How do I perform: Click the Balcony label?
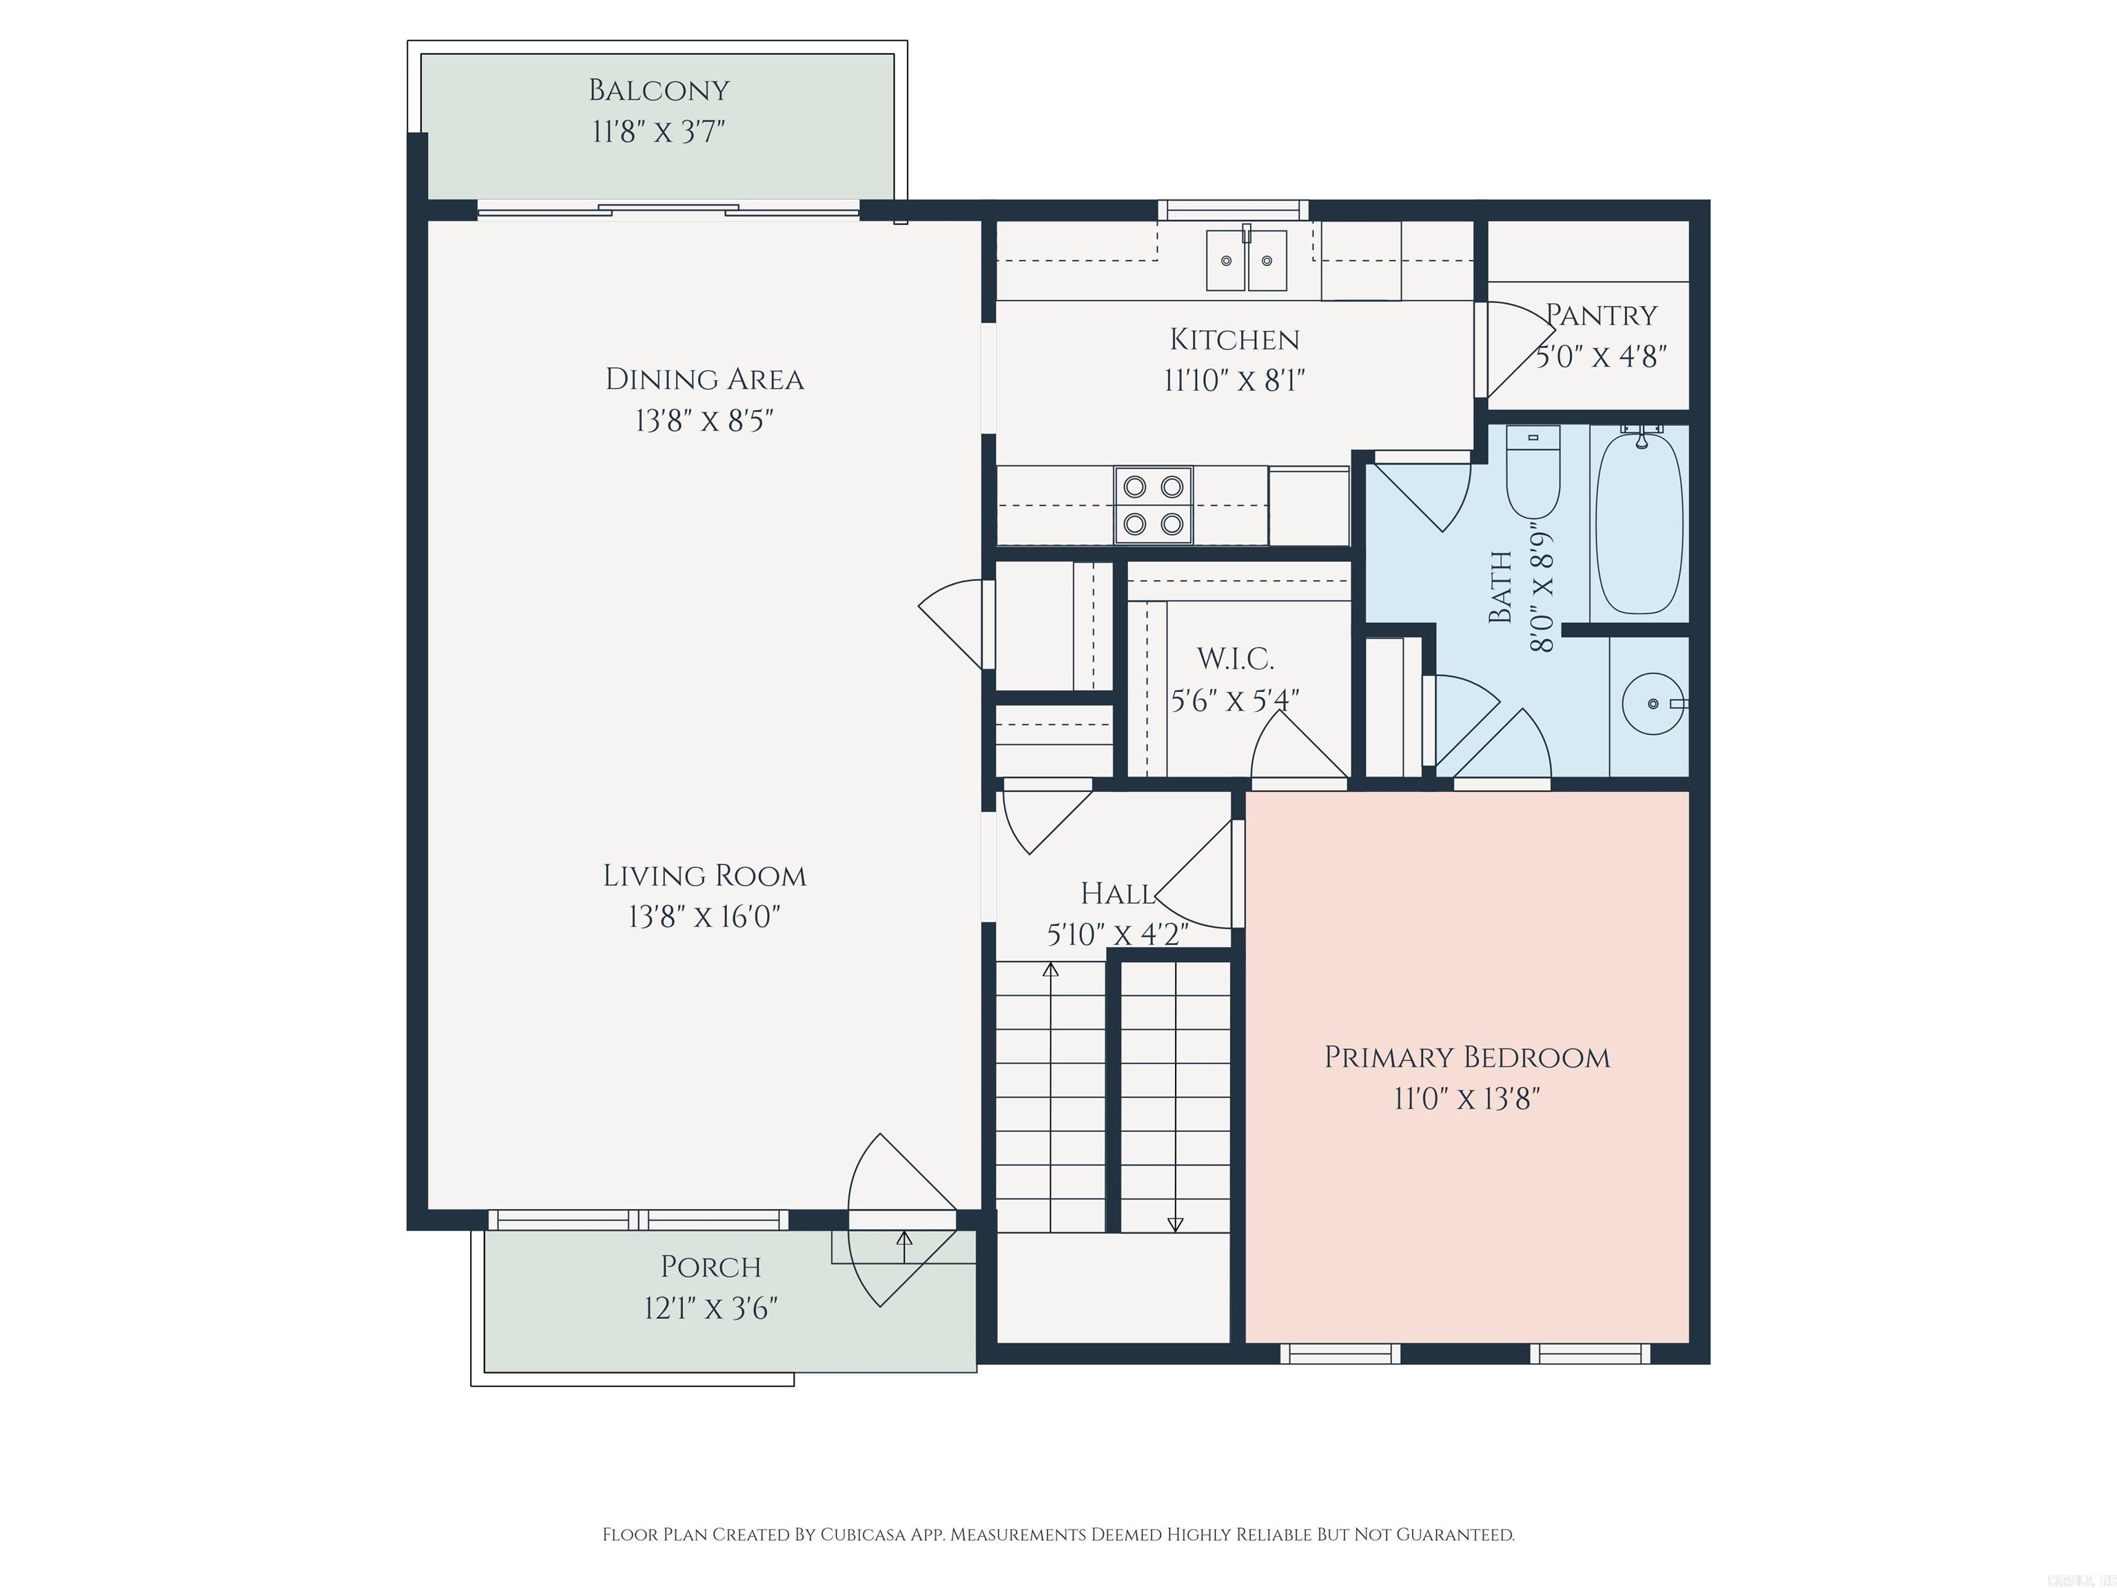(658, 90)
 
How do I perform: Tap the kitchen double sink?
(1245, 261)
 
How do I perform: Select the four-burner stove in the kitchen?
(1153, 505)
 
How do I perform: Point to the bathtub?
(1639, 522)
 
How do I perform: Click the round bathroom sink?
(1653, 704)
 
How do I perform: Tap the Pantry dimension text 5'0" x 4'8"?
(1601, 357)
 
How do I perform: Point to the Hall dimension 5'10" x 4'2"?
(1117, 934)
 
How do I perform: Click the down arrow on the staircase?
(1175, 1223)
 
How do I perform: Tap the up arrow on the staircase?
(1051, 970)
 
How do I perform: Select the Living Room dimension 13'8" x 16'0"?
(704, 917)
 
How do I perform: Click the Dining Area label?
(704, 379)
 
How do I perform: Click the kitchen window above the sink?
(1233, 210)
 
